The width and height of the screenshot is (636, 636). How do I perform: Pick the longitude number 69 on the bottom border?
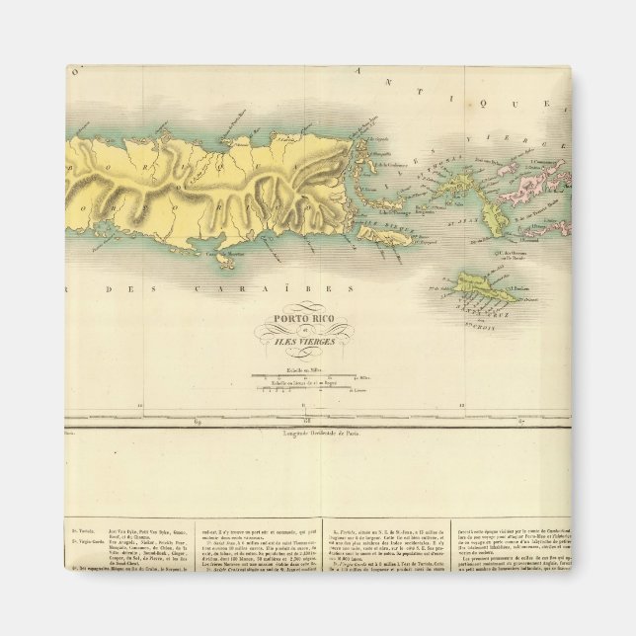coord(199,422)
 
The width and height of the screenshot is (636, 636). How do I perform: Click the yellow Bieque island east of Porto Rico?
coord(380,234)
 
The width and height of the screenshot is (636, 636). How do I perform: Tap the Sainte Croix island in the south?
coord(483,288)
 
